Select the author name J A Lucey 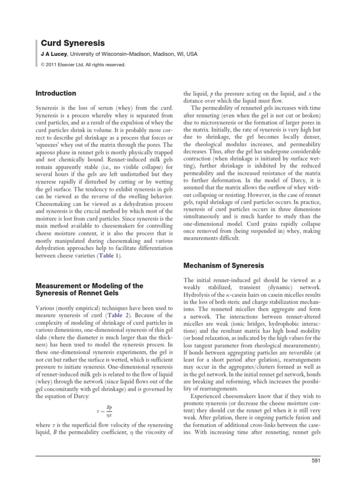coord(55,54)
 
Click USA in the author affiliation coord(191,54)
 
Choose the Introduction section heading coord(56,93)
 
